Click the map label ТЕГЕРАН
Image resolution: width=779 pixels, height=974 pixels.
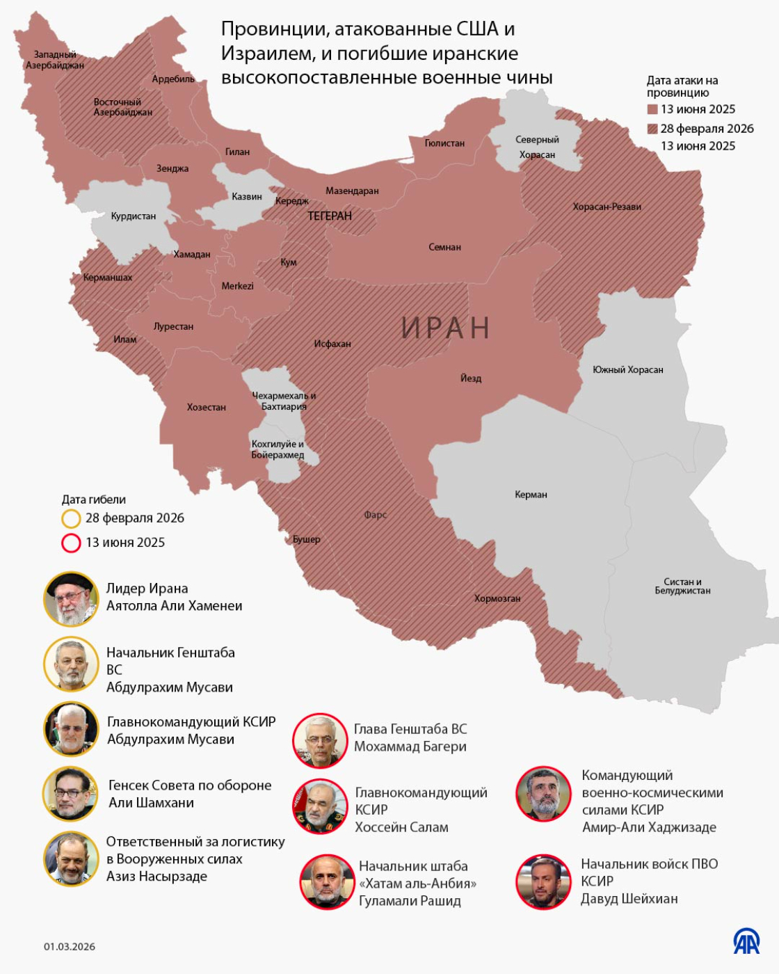point(330,216)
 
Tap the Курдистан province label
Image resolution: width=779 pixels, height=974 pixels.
point(134,216)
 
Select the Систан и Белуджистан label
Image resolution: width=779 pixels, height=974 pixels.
point(682,586)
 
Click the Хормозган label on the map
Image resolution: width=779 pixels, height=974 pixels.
point(497,598)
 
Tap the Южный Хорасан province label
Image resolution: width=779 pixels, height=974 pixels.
point(627,369)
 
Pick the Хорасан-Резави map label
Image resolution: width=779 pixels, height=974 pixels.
point(607,207)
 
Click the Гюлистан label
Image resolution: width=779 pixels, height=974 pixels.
point(444,143)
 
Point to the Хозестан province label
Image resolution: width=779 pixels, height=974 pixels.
point(207,407)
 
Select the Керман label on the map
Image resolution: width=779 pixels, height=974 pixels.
point(531,495)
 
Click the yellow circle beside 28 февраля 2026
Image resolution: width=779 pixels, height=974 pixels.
point(71,518)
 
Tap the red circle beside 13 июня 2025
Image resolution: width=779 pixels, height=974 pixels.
point(71,543)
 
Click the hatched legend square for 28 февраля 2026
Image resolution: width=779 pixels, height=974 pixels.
point(652,129)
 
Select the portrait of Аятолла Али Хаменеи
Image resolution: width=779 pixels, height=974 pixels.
point(71,598)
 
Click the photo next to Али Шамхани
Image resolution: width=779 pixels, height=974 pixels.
point(71,794)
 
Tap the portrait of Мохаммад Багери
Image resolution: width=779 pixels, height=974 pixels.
point(320,740)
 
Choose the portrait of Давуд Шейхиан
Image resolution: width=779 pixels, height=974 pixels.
point(544,881)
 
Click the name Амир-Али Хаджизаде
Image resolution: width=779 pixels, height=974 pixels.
point(649,827)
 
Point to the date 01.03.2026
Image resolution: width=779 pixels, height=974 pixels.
point(70,946)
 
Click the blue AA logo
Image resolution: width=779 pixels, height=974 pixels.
point(746,941)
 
